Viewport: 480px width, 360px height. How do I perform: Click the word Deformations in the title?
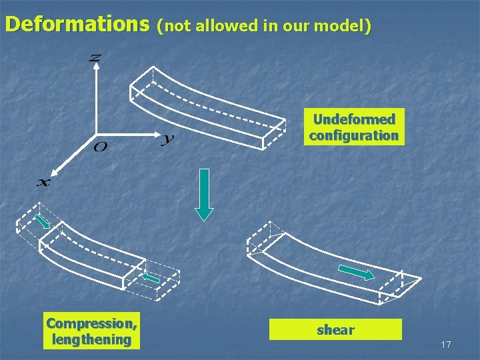pyautogui.click(x=77, y=25)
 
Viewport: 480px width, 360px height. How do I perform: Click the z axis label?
pyautogui.click(x=95, y=59)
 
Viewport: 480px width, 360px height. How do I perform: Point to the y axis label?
pyautogui.click(x=167, y=139)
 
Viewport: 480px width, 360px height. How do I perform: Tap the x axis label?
pyautogui.click(x=42, y=181)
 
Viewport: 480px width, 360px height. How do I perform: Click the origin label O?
pyautogui.click(x=100, y=146)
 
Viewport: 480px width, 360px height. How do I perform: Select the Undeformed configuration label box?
pyautogui.click(x=353, y=127)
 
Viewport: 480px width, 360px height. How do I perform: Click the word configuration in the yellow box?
pyautogui.click(x=353, y=135)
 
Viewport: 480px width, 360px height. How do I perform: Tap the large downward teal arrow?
pyautogui.click(x=204, y=194)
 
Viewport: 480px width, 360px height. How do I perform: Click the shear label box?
pyautogui.click(x=335, y=329)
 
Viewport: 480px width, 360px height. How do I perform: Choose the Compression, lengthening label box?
pyautogui.click(x=93, y=331)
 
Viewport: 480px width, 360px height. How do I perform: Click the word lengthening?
pyautogui.click(x=93, y=339)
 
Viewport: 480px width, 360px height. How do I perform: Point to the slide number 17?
pyautogui.click(x=446, y=345)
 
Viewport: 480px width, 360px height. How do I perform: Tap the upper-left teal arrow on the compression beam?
pyautogui.click(x=43, y=221)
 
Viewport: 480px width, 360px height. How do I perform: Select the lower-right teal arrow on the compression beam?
pyautogui.click(x=151, y=278)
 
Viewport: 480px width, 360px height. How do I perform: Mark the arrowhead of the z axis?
pyautogui.click(x=96, y=69)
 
